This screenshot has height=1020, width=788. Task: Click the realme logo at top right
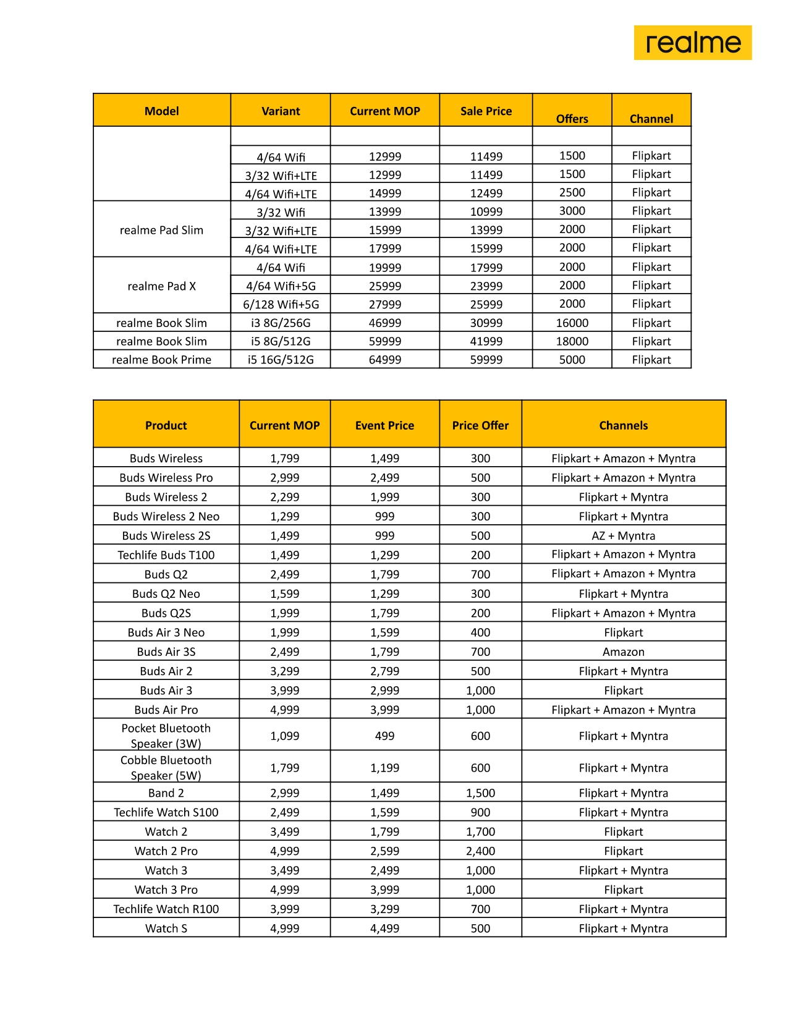tap(692, 43)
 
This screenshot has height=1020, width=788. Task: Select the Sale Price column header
tap(486, 111)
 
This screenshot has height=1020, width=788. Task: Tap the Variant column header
tap(281, 111)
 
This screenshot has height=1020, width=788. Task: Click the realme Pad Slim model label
tap(161, 230)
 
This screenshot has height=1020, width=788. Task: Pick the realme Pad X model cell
tap(161, 286)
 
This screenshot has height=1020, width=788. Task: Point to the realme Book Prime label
tap(161, 360)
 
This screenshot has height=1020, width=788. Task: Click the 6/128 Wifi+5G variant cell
tap(281, 304)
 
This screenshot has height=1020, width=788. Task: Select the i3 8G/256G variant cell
tap(281, 323)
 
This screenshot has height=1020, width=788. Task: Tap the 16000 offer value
tap(572, 323)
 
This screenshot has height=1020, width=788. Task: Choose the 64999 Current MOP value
tap(384, 360)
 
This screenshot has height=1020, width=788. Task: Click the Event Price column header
tap(384, 425)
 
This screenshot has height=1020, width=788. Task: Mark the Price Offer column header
tap(480, 425)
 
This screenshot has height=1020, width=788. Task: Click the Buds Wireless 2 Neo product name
tap(166, 516)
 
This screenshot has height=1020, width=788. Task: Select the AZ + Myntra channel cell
tap(623, 535)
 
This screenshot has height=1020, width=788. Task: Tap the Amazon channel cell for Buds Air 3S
tap(623, 652)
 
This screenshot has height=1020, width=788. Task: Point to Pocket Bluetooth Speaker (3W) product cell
tap(166, 736)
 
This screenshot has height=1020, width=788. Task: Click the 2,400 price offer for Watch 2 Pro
tap(480, 851)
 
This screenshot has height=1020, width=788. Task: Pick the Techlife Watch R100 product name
tap(166, 909)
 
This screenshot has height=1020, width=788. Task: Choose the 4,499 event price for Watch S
tap(384, 929)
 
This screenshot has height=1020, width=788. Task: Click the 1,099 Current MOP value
tap(284, 736)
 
